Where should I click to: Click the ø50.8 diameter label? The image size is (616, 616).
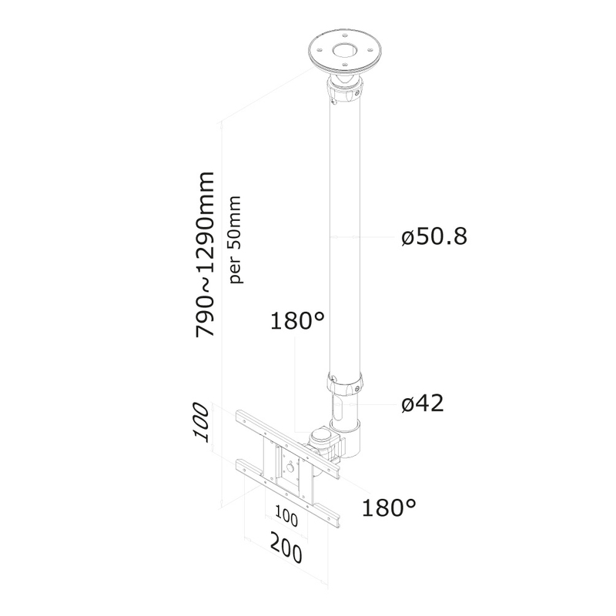click(434, 236)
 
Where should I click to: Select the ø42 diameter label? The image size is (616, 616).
click(422, 403)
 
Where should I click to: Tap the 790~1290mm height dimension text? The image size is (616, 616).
click(205, 254)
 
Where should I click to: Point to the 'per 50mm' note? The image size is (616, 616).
click(236, 239)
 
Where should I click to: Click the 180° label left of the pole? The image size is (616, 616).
click(297, 320)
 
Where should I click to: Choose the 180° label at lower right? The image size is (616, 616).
click(389, 507)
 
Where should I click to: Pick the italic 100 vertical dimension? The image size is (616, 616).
click(201, 423)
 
